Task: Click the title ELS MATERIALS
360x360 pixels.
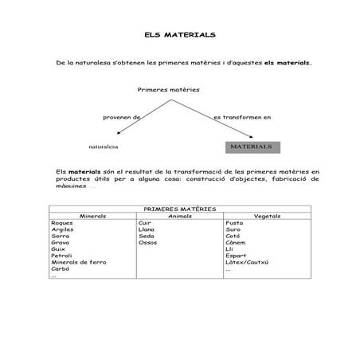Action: [179, 36]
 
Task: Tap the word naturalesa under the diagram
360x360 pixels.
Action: [104, 147]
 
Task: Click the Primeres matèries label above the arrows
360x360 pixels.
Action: [168, 89]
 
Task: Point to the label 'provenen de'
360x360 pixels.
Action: [121, 117]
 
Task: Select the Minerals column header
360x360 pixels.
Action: [92, 215]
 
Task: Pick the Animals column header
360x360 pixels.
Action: [181, 215]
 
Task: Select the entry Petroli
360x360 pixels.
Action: [61, 255]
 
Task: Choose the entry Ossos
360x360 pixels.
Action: [147, 242]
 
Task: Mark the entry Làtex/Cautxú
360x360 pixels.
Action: [247, 262]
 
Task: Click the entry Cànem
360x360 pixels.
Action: [236, 242]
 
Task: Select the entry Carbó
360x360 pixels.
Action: [61, 268]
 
